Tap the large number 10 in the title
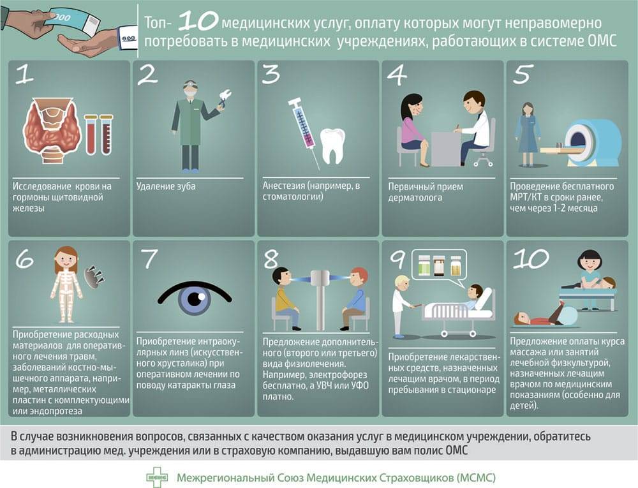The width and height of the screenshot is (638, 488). pos(198,20)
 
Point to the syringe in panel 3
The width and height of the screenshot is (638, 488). pos(304,132)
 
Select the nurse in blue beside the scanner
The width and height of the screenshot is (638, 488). pos(528,133)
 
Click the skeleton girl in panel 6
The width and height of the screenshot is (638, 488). pos(66,284)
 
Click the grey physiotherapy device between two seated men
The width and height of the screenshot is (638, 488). pos(320,300)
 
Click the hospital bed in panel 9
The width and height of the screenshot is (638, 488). pos(457,313)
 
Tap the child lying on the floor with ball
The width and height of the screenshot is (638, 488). pos(543,314)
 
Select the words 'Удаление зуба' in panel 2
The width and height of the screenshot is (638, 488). pos(166,186)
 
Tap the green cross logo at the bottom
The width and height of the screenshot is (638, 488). pos(157,477)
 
